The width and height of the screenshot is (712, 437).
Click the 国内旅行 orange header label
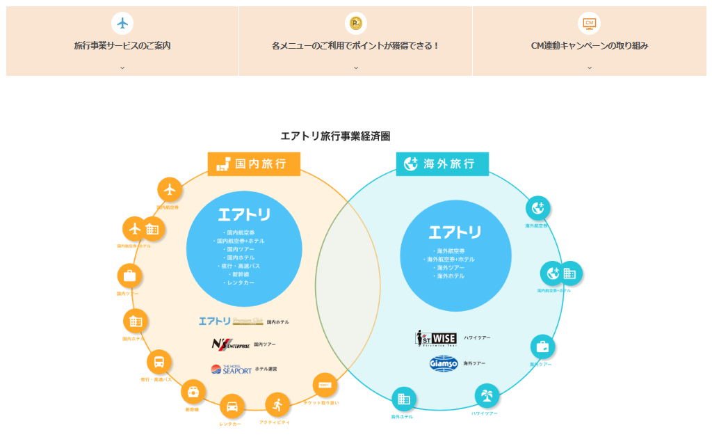point(254,164)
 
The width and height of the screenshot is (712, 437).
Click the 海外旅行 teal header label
point(442,164)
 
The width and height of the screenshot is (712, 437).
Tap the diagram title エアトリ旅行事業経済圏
point(335,136)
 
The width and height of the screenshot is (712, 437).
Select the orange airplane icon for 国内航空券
point(170,189)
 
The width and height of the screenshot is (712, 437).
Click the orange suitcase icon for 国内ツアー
point(129,276)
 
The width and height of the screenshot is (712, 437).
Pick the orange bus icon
point(159,362)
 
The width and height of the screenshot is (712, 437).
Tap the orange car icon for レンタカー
point(232,406)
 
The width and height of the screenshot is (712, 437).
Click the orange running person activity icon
point(277,404)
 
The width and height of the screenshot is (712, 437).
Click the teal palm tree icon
point(487,396)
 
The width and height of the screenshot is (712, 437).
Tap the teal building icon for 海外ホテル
point(404,399)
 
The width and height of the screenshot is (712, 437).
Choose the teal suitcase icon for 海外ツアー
point(542,347)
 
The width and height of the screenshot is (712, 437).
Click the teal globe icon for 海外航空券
point(537,207)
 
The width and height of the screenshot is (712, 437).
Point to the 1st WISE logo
point(436,338)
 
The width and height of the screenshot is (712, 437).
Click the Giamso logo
point(444,363)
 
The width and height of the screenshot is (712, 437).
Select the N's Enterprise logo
point(232,344)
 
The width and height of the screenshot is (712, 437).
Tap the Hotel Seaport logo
point(232,369)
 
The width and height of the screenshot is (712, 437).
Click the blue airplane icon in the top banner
point(122,23)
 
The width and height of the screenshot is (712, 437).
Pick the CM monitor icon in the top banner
point(589,23)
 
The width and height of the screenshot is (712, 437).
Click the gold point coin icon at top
point(356,23)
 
